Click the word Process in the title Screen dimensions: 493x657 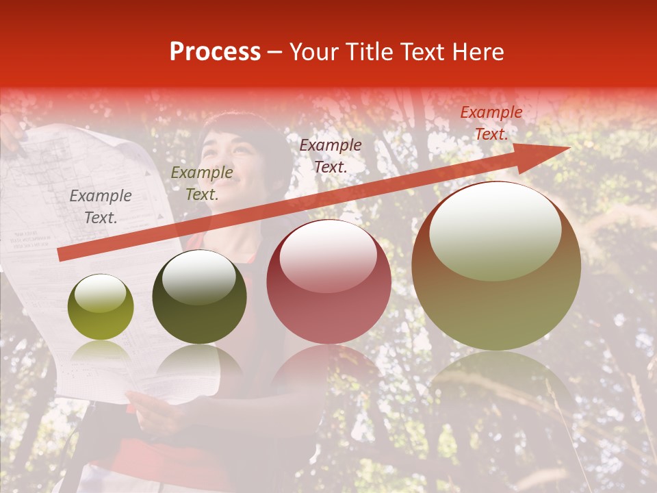tap(215, 52)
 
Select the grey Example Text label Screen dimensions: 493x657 tap(101, 207)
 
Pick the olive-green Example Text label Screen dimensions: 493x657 tap(201, 183)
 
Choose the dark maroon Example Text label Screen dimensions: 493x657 tap(331, 155)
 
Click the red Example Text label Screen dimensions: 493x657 tap(491, 123)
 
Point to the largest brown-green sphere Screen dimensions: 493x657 tap(496, 301)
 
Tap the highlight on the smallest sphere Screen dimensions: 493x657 tap(100, 294)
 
